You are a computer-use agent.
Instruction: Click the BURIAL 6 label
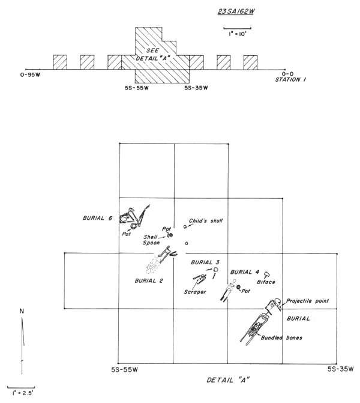click(x=98, y=218)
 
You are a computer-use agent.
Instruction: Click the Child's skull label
click(x=206, y=221)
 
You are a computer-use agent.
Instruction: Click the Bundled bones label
click(x=282, y=338)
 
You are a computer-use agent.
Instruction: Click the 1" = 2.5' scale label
click(x=23, y=393)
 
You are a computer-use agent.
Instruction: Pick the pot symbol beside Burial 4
click(x=239, y=289)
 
